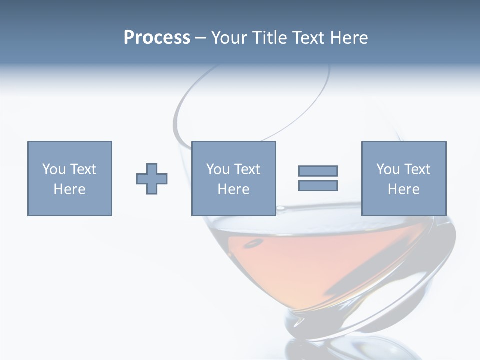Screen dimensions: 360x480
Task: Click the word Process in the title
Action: click(157, 38)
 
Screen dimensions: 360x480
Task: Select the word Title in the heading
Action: click(270, 38)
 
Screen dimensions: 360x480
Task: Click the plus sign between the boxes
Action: click(152, 179)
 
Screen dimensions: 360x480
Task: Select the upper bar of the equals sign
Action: click(318, 171)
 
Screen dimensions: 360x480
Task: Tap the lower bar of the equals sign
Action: click(318, 185)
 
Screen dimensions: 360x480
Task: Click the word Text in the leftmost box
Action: click(83, 169)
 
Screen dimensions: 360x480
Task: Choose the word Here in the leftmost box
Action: click(69, 189)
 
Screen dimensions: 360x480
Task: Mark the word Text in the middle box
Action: click(247, 169)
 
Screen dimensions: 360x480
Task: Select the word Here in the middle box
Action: click(233, 189)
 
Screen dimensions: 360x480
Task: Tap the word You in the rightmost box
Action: click(388, 169)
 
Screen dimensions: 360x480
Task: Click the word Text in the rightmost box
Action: click(417, 169)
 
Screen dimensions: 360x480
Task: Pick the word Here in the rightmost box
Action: click(403, 189)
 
